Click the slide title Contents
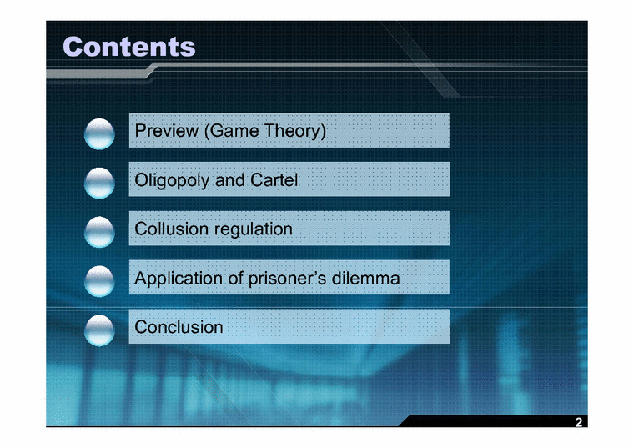129,46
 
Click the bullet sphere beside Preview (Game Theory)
100,133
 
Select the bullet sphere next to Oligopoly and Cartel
100,181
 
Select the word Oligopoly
173,180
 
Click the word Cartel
274,180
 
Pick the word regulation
254,229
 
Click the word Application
179,278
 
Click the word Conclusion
179,327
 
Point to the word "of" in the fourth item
236,278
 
